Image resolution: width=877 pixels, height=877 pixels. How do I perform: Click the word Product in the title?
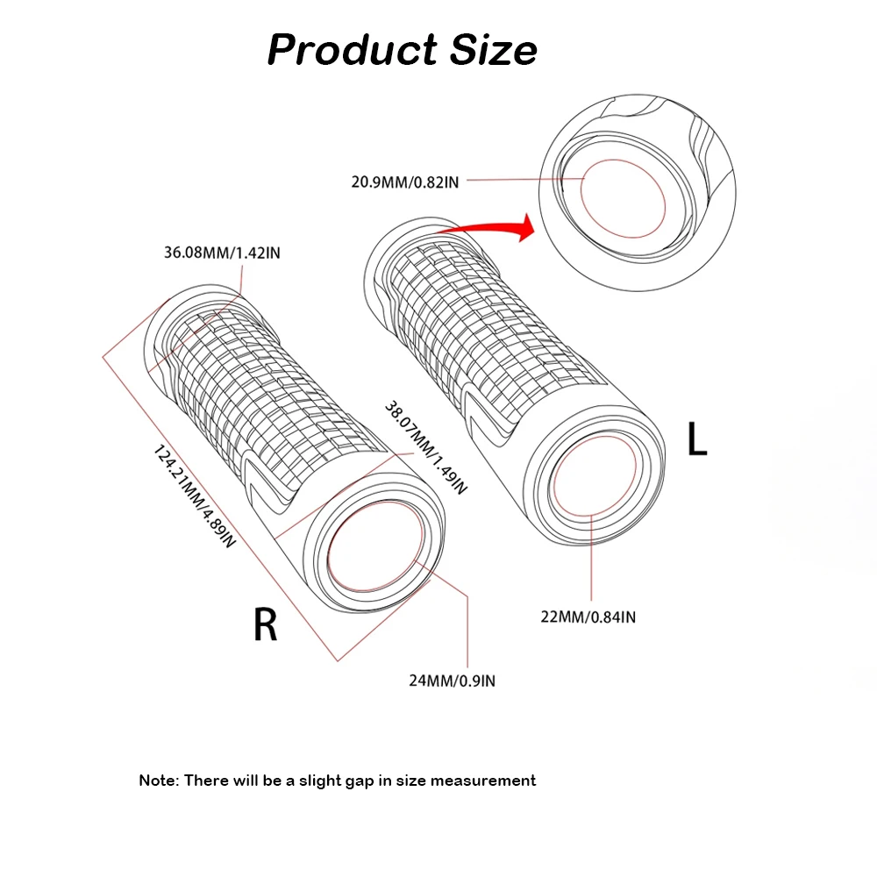click(x=353, y=50)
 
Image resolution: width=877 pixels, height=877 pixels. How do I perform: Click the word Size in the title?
click(x=494, y=50)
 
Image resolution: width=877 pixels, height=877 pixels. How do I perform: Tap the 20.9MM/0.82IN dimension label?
click(x=405, y=182)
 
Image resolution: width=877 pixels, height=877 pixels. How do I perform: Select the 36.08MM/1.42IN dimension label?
click(x=222, y=253)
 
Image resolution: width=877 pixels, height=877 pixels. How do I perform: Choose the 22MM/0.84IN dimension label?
click(x=588, y=617)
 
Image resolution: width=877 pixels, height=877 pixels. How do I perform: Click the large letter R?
click(x=265, y=625)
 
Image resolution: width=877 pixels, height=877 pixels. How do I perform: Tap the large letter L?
click(x=697, y=438)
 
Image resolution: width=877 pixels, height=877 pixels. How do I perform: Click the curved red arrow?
click(x=491, y=228)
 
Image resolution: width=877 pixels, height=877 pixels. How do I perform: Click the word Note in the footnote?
click(x=159, y=780)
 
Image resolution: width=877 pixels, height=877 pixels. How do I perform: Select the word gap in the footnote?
click(x=367, y=780)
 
